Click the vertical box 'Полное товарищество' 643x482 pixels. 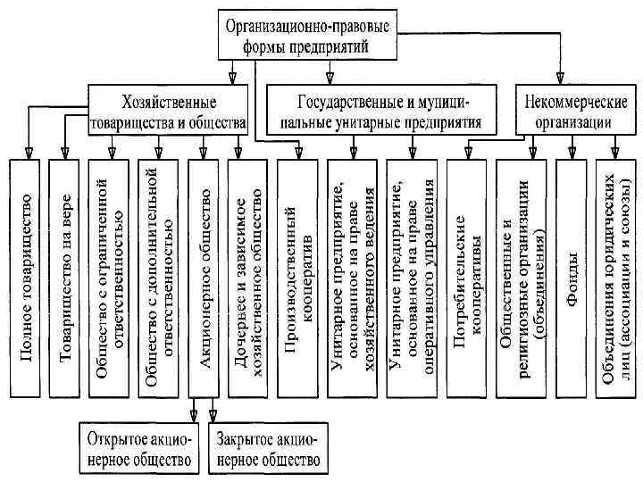coord(28,277)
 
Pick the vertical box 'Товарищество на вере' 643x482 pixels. coord(68,277)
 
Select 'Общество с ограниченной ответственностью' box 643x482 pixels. coord(108,277)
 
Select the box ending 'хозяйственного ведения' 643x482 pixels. coord(351,277)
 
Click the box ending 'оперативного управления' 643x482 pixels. coord(412,277)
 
